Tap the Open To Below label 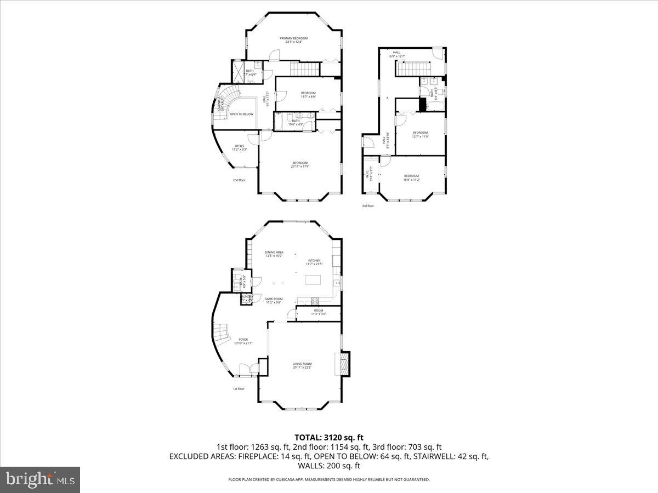241,114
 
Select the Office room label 240,147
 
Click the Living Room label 302,365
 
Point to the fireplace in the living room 343,363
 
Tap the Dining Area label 274,254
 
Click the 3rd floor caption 367,206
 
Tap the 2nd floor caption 239,180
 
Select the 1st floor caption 238,388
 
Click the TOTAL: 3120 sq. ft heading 329,437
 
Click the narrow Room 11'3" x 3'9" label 319,312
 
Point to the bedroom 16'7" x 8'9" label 308,95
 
